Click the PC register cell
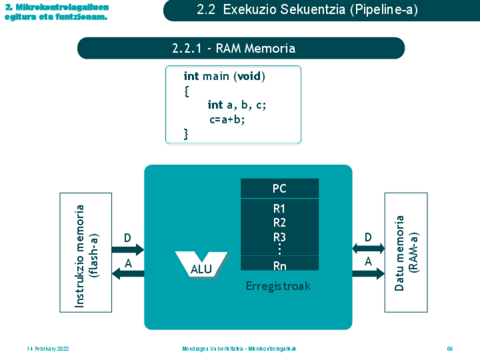(x=280, y=188)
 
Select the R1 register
(x=280, y=209)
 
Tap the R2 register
(x=280, y=222)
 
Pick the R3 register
(x=280, y=237)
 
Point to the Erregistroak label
(x=278, y=286)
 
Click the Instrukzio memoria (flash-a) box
(x=85, y=252)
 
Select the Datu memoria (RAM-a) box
(x=406, y=252)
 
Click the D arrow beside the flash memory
(x=128, y=250)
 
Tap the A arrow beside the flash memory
(x=128, y=274)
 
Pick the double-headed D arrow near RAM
(x=368, y=248)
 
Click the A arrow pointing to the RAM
(x=368, y=274)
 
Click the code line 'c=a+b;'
(x=227, y=119)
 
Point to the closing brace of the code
(x=186, y=134)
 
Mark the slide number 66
(x=450, y=349)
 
